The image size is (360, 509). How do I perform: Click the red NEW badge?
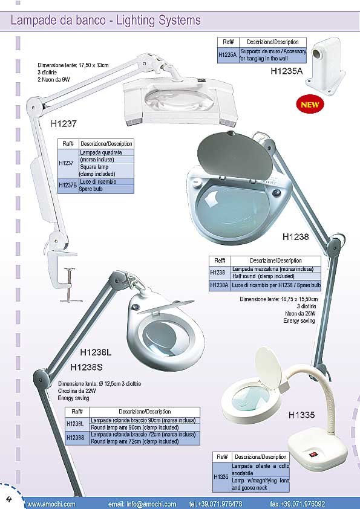click(x=310, y=105)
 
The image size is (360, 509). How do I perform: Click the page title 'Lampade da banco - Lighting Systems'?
click(x=106, y=21)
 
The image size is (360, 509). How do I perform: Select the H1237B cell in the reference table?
click(x=68, y=186)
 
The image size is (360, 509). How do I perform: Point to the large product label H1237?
click(x=64, y=123)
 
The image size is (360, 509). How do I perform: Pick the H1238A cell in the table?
click(x=219, y=285)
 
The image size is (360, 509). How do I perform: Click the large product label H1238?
click(x=295, y=236)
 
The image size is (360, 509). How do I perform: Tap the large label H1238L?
click(x=96, y=352)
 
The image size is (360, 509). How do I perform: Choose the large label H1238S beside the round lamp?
click(x=87, y=367)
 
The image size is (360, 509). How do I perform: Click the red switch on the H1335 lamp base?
click(x=312, y=455)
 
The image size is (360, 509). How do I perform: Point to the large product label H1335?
click(x=301, y=415)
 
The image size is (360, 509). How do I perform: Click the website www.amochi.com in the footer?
click(x=51, y=504)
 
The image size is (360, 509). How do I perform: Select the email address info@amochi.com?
click(x=142, y=504)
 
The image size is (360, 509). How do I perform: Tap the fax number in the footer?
click(x=297, y=504)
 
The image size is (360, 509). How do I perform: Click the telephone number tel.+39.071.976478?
click(x=215, y=504)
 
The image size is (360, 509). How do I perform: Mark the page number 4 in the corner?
click(x=10, y=499)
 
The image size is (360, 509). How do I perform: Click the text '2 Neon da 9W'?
click(x=54, y=80)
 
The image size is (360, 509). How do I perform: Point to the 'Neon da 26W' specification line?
click(x=300, y=314)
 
